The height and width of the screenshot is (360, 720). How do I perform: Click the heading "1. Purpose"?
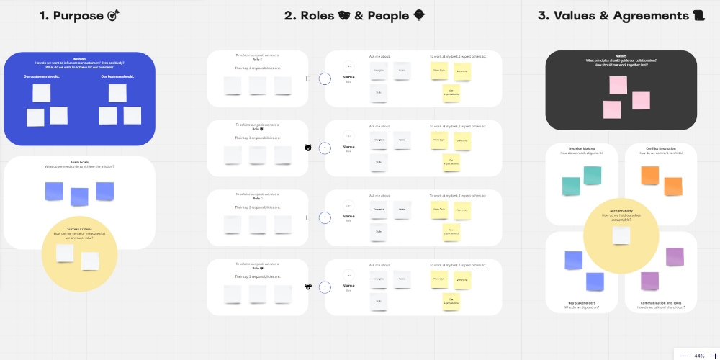[x=72, y=16]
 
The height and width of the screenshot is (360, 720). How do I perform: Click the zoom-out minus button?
[x=683, y=356]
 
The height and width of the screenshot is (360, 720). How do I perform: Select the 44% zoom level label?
[x=698, y=356]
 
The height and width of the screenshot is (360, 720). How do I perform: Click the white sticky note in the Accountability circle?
[x=621, y=235]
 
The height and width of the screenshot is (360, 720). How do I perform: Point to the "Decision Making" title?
[x=581, y=148]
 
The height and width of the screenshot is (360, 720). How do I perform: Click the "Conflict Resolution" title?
[x=661, y=148]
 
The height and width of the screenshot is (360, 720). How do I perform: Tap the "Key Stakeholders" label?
[x=581, y=303]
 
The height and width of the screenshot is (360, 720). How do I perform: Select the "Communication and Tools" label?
[x=661, y=303]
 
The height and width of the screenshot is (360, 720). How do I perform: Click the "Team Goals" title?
[x=79, y=162]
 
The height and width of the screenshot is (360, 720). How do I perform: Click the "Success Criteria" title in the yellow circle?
[x=79, y=228]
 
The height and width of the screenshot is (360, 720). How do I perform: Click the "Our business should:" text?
[x=117, y=76]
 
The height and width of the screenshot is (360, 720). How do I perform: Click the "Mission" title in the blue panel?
[x=79, y=59]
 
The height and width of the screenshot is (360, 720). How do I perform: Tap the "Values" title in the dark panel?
[x=621, y=55]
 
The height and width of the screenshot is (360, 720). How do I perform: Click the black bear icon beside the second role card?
[x=308, y=148]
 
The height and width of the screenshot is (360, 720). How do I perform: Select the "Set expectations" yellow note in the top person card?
[x=451, y=93]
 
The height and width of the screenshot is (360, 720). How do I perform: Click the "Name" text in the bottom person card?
[x=348, y=286]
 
